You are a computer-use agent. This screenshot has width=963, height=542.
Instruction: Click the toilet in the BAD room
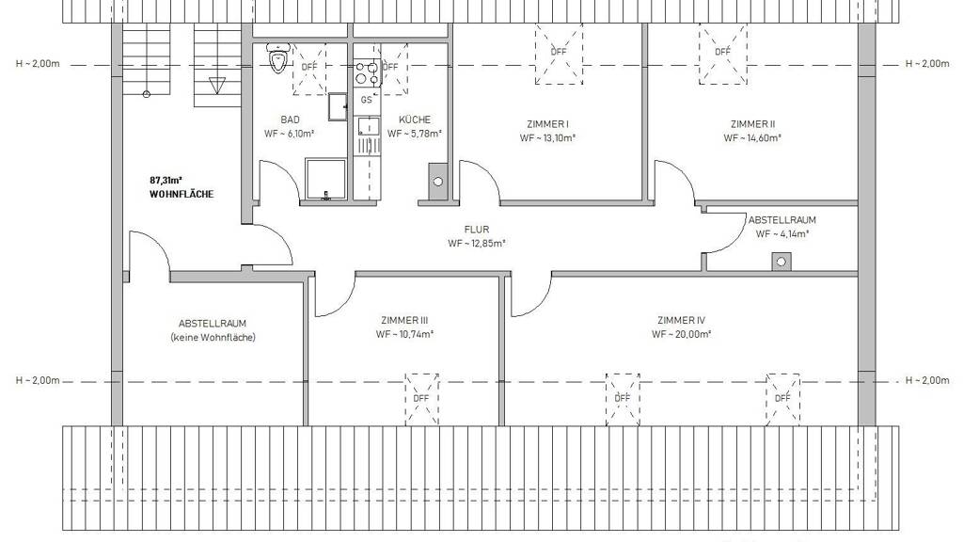(x=277, y=57)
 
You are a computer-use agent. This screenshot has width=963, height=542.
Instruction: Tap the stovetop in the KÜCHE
(x=366, y=72)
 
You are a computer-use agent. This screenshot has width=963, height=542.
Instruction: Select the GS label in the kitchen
(x=366, y=100)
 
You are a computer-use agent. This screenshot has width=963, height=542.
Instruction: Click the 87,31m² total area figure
(x=166, y=180)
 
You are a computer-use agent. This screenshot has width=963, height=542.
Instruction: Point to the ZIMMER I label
(x=548, y=124)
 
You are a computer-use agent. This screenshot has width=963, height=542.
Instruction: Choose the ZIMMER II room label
(x=752, y=124)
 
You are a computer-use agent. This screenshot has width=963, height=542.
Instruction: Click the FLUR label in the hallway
(x=477, y=230)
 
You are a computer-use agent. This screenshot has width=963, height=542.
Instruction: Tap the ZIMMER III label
(x=404, y=320)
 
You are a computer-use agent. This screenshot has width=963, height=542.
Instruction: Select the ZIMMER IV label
(x=681, y=320)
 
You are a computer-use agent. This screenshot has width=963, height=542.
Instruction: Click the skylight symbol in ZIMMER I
(x=559, y=54)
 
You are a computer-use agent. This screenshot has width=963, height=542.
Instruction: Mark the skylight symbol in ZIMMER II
(x=723, y=54)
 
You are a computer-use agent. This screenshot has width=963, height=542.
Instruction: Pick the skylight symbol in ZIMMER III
(x=421, y=399)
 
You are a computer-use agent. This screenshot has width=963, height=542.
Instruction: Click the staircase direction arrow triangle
(x=217, y=85)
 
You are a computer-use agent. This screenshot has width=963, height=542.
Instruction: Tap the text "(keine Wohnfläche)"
(x=213, y=338)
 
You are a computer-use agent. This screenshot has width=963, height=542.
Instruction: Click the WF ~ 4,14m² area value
(x=781, y=234)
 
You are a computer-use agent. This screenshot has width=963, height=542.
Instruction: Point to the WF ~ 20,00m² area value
(x=681, y=335)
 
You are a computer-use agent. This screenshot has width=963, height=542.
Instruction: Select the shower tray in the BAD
(x=326, y=180)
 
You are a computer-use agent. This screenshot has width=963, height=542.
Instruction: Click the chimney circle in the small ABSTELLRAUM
(x=781, y=262)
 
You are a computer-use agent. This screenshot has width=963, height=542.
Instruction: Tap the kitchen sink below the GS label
(x=369, y=126)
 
